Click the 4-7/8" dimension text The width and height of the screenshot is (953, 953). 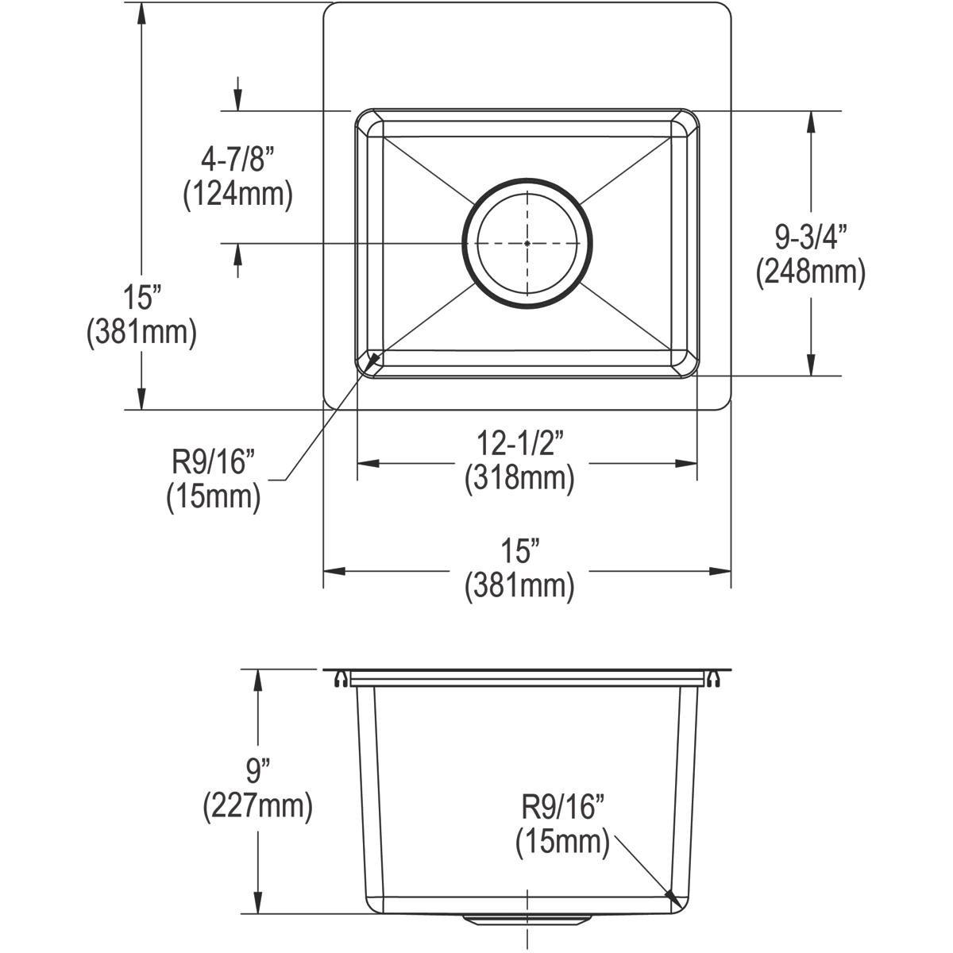237,161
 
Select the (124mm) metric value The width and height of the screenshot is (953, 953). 237,195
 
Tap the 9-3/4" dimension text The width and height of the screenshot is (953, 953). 810,237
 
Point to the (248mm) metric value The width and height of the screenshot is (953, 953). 810,272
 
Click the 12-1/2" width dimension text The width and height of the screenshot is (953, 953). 519,443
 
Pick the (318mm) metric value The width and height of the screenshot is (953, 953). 519,478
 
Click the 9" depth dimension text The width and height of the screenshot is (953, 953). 257,771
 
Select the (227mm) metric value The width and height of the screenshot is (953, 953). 257,806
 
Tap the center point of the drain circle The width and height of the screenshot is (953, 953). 527,243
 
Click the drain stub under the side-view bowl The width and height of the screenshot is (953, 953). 527,920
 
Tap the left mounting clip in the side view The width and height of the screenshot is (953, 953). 341,678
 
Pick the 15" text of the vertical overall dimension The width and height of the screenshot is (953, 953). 141,298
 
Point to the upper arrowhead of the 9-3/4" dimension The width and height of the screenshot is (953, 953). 810,118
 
